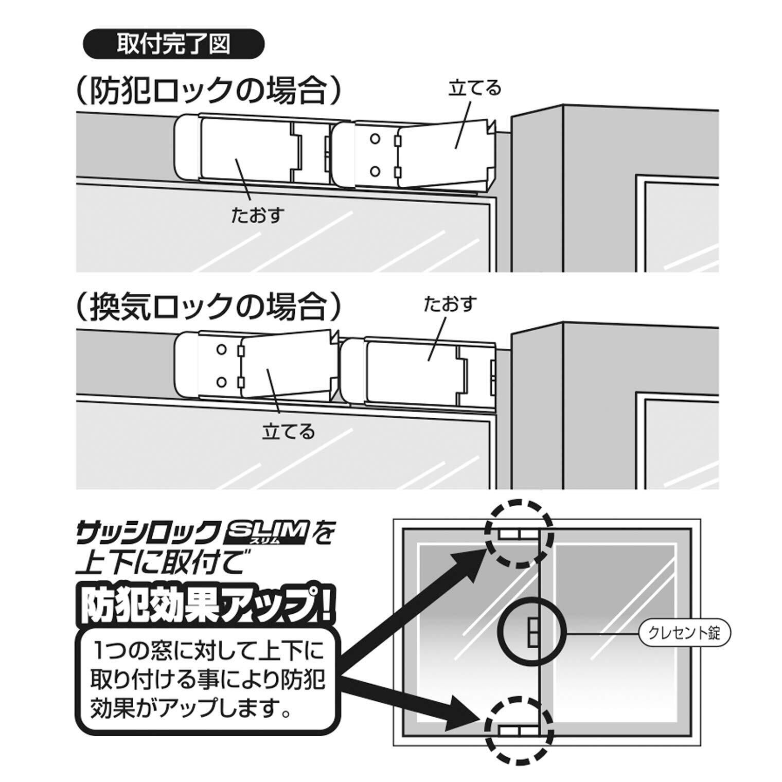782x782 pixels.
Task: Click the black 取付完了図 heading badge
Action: point(173,45)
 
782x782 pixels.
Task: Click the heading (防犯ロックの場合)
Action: point(208,91)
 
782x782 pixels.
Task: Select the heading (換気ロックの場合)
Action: point(208,307)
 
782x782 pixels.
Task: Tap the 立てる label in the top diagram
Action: point(474,88)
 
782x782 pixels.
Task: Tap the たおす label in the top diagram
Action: point(258,215)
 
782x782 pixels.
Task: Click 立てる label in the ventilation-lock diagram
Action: point(288,431)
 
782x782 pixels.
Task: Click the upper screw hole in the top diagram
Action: point(375,139)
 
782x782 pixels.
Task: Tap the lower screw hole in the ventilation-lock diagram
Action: point(222,382)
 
